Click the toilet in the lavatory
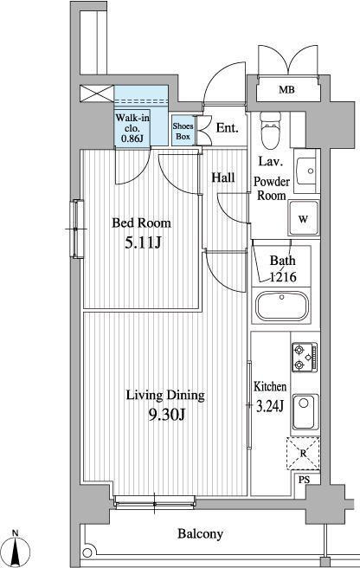click(x=271, y=131)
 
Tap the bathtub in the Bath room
click(x=282, y=307)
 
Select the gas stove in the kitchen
click(x=305, y=357)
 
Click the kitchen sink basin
click(x=305, y=412)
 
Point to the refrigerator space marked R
click(x=303, y=454)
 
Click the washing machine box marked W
click(x=304, y=219)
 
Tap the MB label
click(x=286, y=89)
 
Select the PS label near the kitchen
click(x=305, y=480)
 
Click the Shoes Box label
click(x=183, y=131)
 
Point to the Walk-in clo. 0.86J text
click(x=132, y=128)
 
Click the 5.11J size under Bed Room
click(x=143, y=243)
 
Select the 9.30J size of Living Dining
click(x=167, y=414)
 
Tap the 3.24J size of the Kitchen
click(x=270, y=406)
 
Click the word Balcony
click(x=200, y=534)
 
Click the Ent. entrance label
click(x=227, y=128)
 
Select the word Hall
click(x=223, y=177)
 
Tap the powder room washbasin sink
click(x=306, y=171)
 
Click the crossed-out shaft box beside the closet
click(x=97, y=94)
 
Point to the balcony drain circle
click(x=87, y=552)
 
